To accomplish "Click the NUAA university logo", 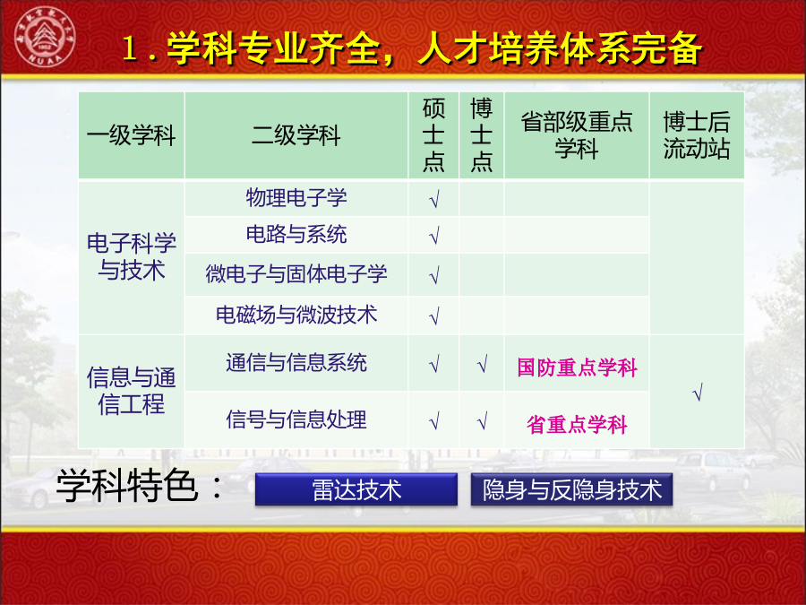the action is point(45,37).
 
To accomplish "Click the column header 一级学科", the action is point(131,136).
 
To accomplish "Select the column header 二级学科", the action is point(296,136).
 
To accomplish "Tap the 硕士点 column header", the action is point(433,135).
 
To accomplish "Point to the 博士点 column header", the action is point(482,135).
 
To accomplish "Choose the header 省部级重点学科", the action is point(577,136).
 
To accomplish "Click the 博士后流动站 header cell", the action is point(697,136).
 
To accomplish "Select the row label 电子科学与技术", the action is point(131,256).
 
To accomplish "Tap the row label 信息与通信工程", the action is point(131,391).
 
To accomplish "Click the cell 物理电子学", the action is point(296,198).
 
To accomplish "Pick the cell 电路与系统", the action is point(296,235).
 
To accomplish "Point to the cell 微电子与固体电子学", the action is point(296,273).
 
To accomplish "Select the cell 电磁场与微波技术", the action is point(296,315).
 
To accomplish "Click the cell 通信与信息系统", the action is point(296,363).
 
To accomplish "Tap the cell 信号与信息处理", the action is point(296,419).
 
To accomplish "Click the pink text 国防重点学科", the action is point(577,367).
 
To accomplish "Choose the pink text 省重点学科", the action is point(577,425).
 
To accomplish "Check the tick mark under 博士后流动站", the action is point(698,393).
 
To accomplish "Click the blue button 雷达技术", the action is point(356,489).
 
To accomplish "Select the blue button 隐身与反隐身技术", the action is point(571,489).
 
